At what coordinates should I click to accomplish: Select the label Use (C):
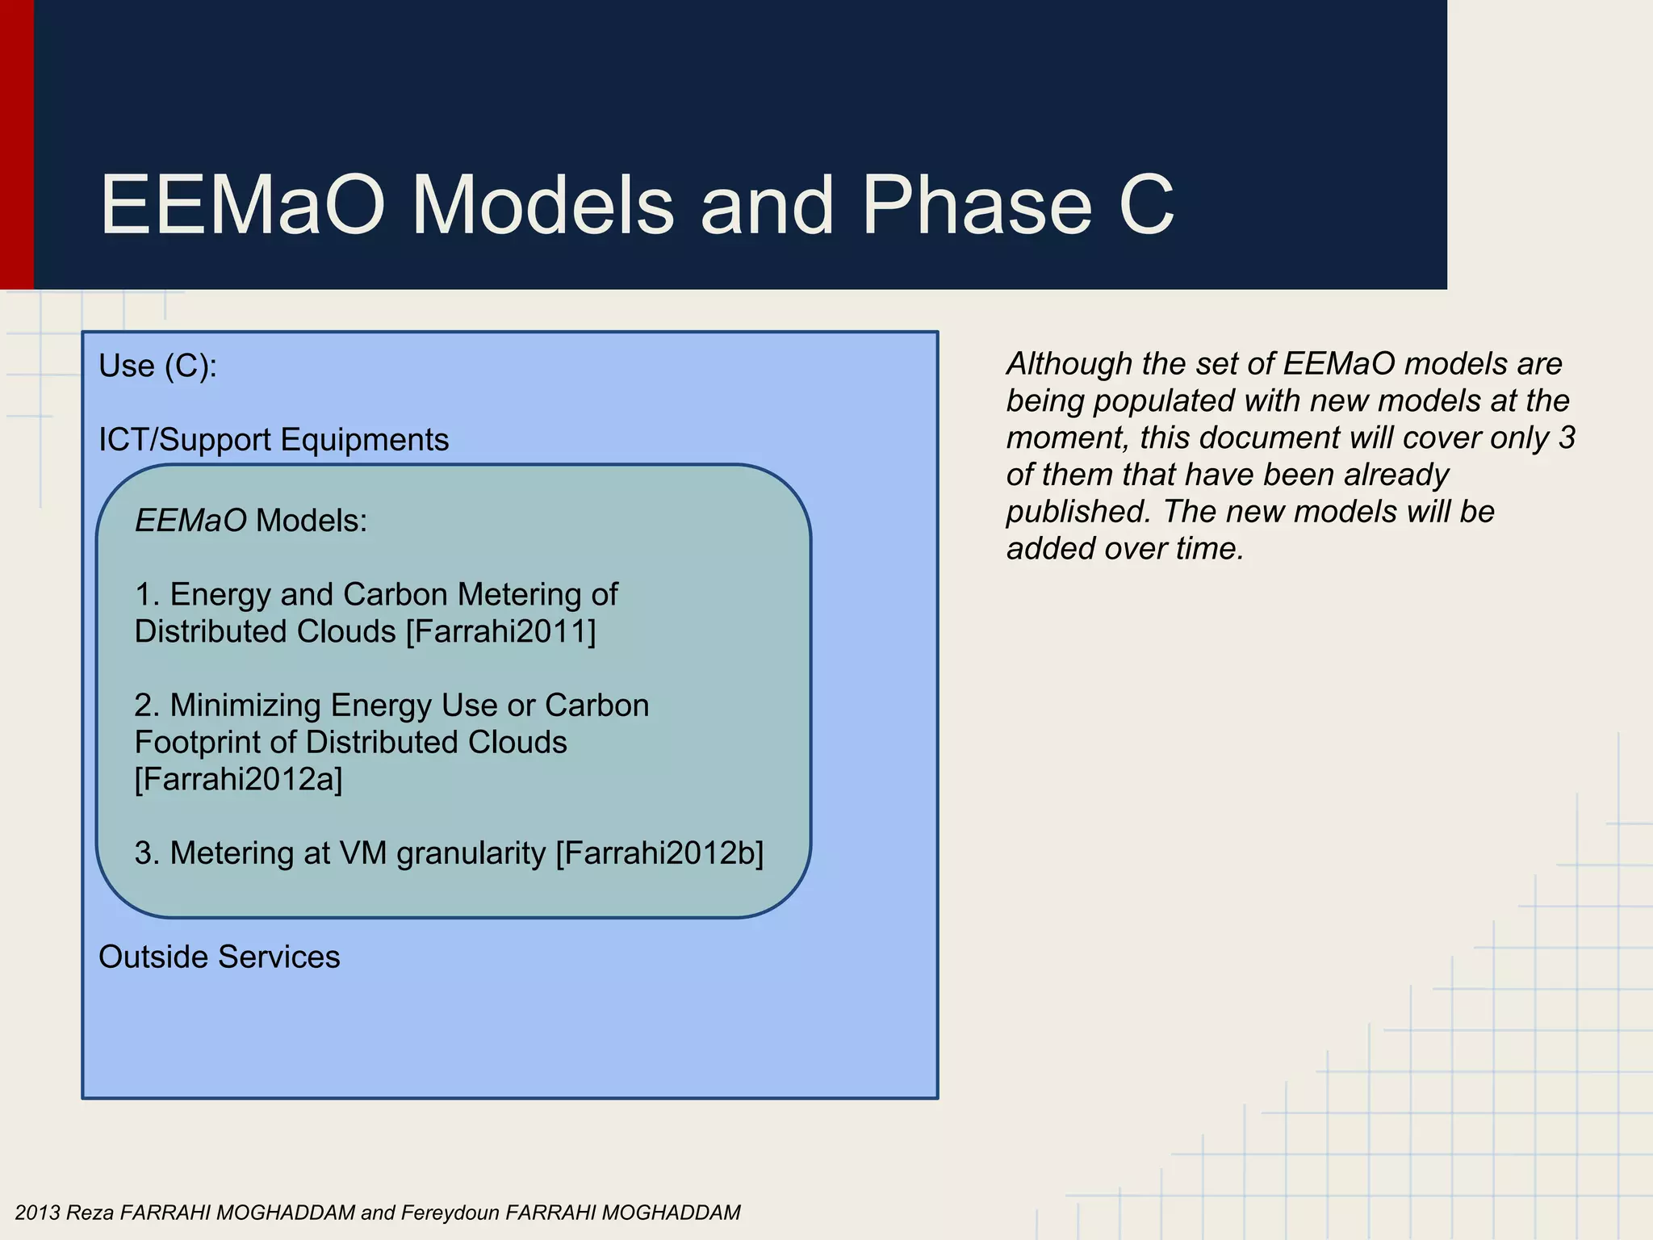[x=158, y=367]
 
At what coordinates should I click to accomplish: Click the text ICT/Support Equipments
[x=274, y=440]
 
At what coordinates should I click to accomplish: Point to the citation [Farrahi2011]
[x=500, y=631]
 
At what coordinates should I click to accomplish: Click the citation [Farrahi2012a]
[x=239, y=780]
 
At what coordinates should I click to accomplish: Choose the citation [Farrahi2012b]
[x=659, y=853]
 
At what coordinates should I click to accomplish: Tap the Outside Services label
[x=219, y=957]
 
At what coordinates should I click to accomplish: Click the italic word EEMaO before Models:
[x=190, y=521]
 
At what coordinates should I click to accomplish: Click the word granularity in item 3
[x=471, y=854]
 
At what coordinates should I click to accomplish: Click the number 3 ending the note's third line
[x=1567, y=438]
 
